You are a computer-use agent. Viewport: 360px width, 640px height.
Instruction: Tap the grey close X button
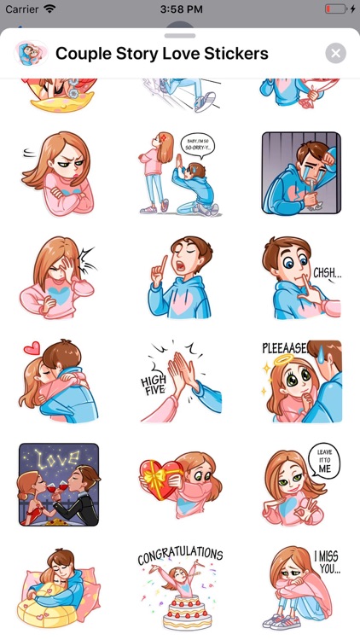(x=336, y=54)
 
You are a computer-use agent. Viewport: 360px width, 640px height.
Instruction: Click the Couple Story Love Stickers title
(x=162, y=54)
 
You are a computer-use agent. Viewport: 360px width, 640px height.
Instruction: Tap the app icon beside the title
(x=29, y=54)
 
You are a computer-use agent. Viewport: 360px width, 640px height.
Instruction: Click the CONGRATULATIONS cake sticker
(x=179, y=588)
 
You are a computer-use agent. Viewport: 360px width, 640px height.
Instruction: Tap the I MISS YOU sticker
(x=301, y=588)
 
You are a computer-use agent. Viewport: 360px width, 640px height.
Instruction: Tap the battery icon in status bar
(x=335, y=9)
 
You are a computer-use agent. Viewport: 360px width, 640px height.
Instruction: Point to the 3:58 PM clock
(x=179, y=9)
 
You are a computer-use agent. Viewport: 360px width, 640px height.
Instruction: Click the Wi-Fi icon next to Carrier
(x=49, y=9)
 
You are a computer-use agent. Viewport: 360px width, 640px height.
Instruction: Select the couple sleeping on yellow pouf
(x=59, y=588)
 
